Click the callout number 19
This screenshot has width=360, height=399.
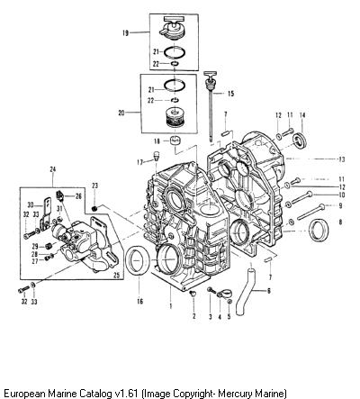point(125,33)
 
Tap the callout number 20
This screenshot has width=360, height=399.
point(121,113)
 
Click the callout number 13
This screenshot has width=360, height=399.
point(341,159)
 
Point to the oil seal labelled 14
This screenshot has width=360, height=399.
point(301,140)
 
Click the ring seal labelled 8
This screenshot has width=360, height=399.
point(319,231)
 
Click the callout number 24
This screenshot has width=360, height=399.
point(53,169)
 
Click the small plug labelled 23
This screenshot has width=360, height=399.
point(94,208)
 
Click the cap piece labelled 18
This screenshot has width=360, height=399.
point(176,141)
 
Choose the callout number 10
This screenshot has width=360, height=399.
point(341,195)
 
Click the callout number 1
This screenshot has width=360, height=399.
point(171,306)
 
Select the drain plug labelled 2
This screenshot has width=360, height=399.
point(193,293)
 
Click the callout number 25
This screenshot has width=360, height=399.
point(116,274)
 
